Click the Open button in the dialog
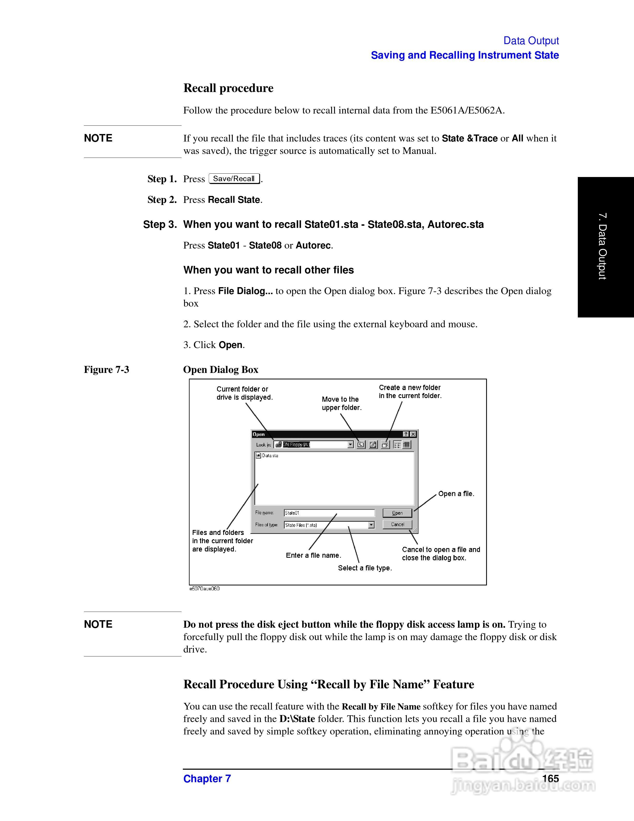[397, 513]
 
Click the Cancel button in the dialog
[397, 525]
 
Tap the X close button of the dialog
[413, 434]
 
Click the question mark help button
[406, 434]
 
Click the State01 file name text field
[329, 513]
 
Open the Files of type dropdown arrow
[371, 525]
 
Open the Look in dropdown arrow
[350, 445]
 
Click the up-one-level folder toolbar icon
[361, 445]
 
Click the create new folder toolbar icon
[385, 445]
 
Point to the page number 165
[550, 778]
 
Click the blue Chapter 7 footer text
[207, 778]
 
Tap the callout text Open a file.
[456, 494]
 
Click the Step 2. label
[162, 200]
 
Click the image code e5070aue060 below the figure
[204, 588]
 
